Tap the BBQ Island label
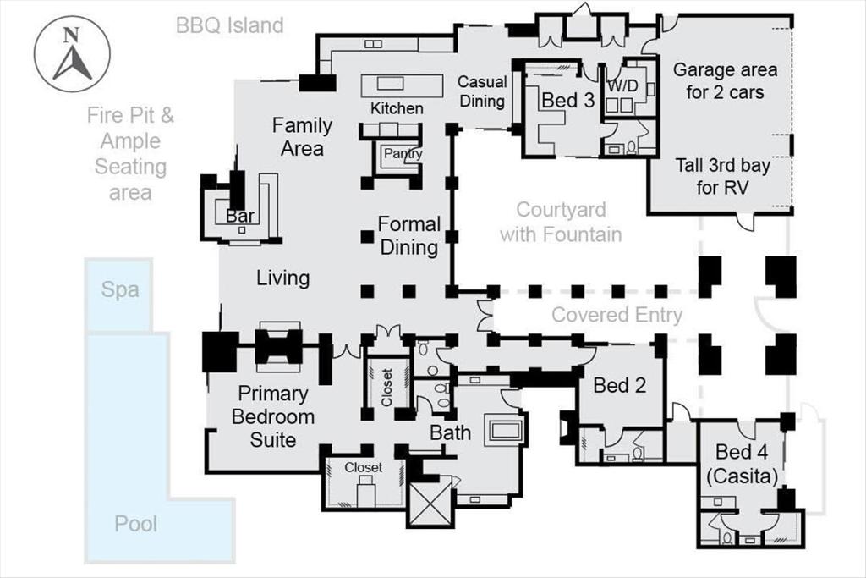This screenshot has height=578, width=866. (x=229, y=25)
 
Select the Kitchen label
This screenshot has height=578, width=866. (x=397, y=108)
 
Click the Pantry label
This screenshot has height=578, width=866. (x=403, y=154)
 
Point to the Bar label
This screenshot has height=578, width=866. (x=241, y=216)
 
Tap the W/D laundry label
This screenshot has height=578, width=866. (x=623, y=85)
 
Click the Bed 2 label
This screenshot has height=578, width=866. (x=619, y=386)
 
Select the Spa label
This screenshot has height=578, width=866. (x=120, y=289)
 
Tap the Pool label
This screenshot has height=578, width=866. (x=136, y=524)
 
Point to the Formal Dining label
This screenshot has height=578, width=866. (x=409, y=235)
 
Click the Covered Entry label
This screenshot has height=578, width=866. (x=617, y=315)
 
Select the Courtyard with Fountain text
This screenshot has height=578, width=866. (x=560, y=222)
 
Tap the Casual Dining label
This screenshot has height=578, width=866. (x=482, y=91)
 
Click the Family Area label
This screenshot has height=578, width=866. (x=302, y=136)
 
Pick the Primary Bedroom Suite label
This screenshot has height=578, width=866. (x=272, y=416)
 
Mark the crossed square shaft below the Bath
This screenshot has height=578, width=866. (x=430, y=501)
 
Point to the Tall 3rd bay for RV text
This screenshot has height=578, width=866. (x=723, y=176)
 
